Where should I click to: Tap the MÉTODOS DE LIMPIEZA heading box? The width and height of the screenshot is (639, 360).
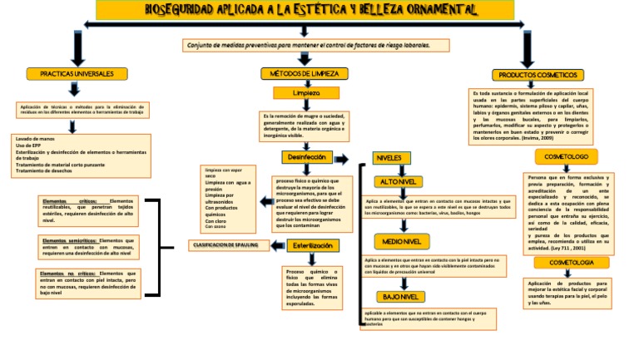click(x=305, y=74)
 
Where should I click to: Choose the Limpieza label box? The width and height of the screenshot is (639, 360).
click(x=305, y=93)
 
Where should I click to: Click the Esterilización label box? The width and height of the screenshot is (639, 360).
click(x=316, y=246)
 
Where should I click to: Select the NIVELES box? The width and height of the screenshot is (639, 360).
click(x=389, y=157)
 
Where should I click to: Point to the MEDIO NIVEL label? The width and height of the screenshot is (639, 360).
click(x=401, y=241)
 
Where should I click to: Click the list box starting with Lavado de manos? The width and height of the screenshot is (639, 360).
click(x=80, y=155)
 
